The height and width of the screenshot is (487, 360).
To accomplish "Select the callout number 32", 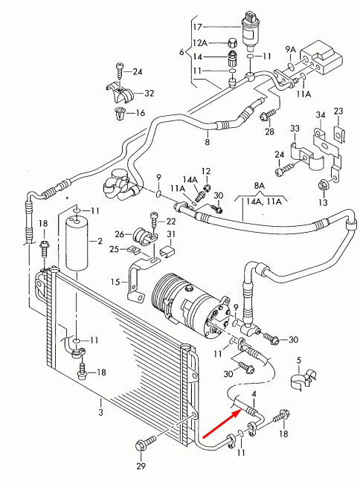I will tap(149, 93).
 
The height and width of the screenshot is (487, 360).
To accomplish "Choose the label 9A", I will tap(290, 50).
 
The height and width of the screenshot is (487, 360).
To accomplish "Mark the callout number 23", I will tap(338, 112).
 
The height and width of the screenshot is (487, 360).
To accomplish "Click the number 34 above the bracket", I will tap(321, 115).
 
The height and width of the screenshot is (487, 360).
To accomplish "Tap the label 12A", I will tap(199, 43).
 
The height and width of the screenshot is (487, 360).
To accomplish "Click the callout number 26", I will tap(118, 234).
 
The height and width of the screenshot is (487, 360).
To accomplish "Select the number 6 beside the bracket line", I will tap(181, 52).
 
